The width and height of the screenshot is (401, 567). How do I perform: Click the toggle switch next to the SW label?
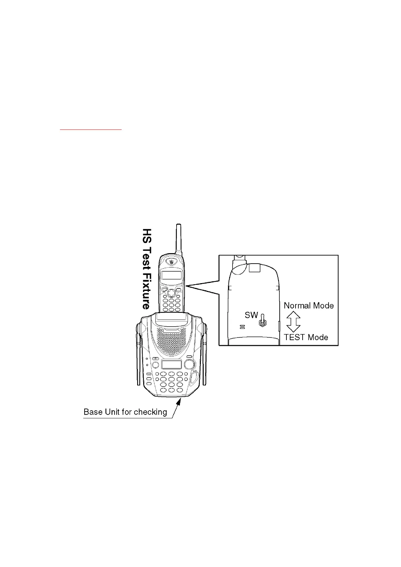click(262, 321)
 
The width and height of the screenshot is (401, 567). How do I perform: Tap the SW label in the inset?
click(251, 315)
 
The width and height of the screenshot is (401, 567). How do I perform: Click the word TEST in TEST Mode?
click(294, 337)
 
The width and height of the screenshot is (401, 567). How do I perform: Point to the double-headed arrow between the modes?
click(293, 321)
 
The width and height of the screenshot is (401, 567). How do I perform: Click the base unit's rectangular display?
click(172, 364)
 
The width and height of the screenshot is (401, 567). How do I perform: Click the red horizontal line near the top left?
click(91, 129)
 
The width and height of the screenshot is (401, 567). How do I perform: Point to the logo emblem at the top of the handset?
click(172, 262)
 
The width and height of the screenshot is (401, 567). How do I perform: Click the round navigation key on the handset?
click(172, 291)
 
